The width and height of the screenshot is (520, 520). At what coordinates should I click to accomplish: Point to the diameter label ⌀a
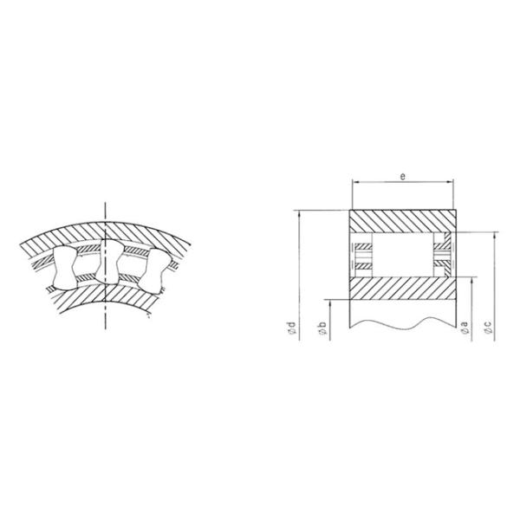(x=465, y=328)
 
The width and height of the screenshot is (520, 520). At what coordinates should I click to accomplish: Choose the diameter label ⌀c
(x=489, y=328)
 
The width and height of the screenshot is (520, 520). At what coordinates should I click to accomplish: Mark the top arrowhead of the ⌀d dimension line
(x=298, y=212)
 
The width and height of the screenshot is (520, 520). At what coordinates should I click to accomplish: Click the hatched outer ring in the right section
(x=401, y=220)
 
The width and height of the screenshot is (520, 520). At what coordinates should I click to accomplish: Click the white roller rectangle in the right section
(x=401, y=255)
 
